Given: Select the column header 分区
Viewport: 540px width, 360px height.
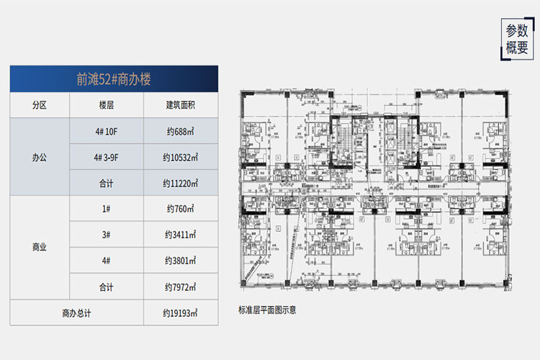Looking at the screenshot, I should (39, 105).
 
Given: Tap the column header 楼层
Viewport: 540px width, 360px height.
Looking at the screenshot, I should (107, 105).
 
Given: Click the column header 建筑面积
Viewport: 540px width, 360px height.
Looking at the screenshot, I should (181, 105).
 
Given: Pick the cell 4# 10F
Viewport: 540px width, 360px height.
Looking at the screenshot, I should (107, 131).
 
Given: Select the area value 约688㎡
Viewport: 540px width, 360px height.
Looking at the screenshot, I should (181, 131).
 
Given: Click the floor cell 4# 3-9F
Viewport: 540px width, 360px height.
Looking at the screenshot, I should (107, 157).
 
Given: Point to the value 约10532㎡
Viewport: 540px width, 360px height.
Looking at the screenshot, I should (181, 157).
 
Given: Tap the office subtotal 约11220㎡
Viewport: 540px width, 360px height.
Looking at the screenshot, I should (181, 183).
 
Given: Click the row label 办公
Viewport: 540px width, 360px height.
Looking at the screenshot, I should (39, 157).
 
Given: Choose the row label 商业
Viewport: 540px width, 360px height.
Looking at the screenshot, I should (39, 247).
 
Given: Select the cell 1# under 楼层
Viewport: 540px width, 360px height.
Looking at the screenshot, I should (107, 209).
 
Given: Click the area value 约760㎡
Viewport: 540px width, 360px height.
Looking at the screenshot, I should (181, 209).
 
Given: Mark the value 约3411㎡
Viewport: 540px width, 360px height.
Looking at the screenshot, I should (181, 235).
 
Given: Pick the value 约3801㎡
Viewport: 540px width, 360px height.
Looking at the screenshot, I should (181, 261).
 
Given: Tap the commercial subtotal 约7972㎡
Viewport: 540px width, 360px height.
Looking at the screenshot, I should (181, 287).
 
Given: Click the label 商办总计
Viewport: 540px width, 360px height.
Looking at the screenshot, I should (76, 313).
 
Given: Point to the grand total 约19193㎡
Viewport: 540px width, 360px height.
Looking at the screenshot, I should (181, 313).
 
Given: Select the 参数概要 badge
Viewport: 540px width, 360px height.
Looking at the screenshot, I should (516, 40).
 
